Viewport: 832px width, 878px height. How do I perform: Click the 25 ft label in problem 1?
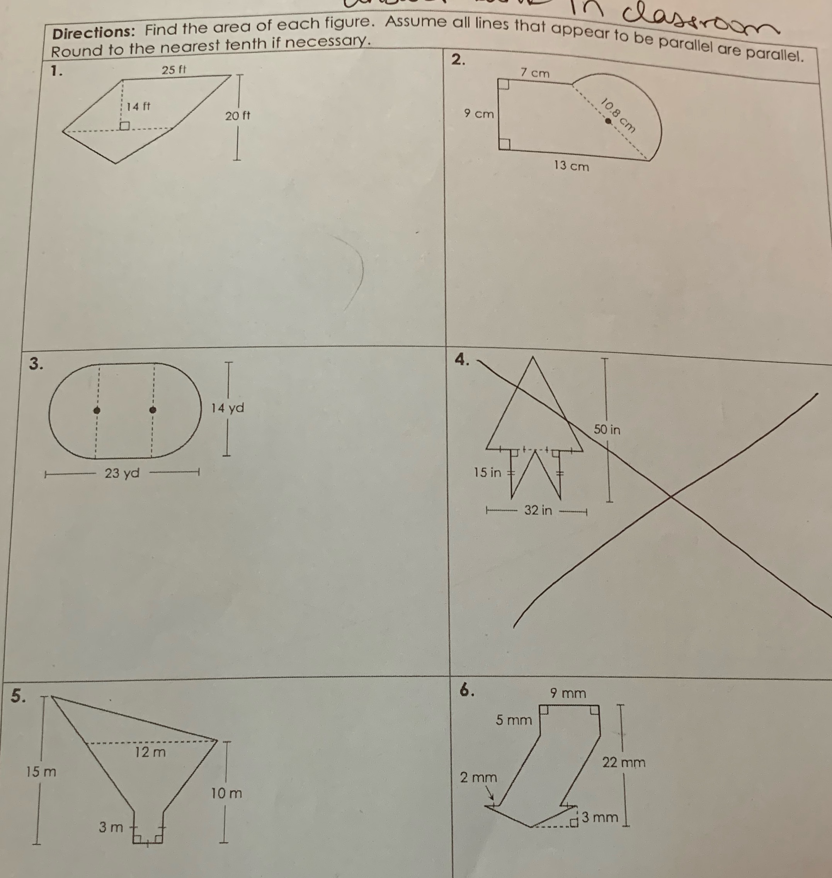(174, 70)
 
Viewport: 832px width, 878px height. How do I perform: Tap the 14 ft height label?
(138, 106)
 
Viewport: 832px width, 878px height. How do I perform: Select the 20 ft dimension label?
(237, 116)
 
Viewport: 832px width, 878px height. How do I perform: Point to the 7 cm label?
(534, 73)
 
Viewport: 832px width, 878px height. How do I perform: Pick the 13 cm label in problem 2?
(571, 166)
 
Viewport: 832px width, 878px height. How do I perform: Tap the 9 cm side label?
(478, 114)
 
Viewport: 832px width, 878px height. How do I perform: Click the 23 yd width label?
(122, 473)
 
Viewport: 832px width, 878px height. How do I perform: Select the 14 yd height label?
(227, 408)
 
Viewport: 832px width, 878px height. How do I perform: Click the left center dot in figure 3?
(97, 410)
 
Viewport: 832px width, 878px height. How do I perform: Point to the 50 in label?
(607, 430)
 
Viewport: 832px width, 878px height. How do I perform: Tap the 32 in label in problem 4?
(538, 510)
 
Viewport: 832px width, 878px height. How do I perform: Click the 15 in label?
(487, 473)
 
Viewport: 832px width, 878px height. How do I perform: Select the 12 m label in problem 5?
(150, 752)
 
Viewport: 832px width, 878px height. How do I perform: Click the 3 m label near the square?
(111, 827)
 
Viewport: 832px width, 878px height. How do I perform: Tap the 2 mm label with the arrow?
(478, 778)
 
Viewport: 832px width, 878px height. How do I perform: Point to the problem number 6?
(466, 689)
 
